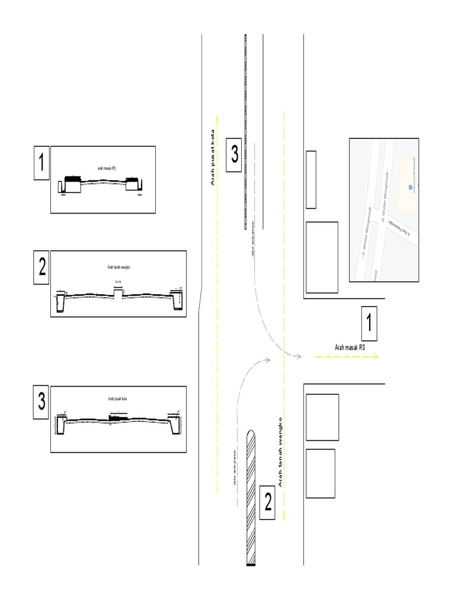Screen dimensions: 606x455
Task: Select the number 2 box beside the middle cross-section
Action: click(41, 267)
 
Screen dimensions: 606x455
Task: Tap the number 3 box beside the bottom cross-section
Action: click(41, 402)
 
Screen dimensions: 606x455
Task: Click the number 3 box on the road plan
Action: click(235, 155)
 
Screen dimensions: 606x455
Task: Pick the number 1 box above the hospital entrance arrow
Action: click(369, 324)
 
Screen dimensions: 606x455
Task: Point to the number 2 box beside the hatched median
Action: click(268, 503)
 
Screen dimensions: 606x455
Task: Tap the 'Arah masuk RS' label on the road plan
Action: click(350, 347)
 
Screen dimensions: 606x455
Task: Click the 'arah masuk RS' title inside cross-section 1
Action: click(107, 168)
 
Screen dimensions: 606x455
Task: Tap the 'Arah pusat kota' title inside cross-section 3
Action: click(118, 399)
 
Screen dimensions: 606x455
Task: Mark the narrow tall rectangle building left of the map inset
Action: click(310, 179)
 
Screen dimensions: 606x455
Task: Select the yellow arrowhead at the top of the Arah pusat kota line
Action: click(217, 117)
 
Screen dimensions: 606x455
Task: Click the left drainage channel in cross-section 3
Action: click(61, 424)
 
